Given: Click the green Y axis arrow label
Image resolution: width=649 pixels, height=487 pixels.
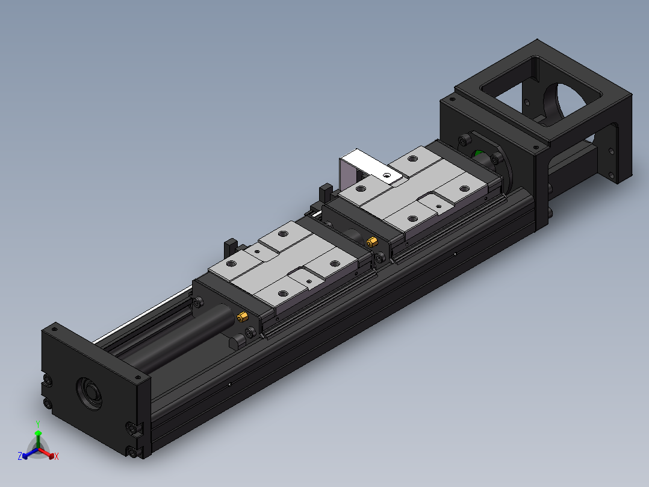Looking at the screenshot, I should (x=37, y=424).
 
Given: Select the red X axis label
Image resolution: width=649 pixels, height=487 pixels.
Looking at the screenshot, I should (x=56, y=457).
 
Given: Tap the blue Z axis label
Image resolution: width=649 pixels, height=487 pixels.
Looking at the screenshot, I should (x=20, y=457).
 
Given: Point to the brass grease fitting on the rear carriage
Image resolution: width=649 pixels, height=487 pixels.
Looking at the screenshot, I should (x=372, y=242).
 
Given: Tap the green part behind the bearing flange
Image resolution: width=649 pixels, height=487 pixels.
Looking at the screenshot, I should (x=480, y=155).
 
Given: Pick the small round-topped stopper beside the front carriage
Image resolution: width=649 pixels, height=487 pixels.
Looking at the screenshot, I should (x=237, y=342).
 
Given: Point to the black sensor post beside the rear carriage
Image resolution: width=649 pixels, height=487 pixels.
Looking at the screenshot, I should (x=326, y=192).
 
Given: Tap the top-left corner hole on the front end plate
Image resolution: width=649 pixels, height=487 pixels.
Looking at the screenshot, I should (x=54, y=330).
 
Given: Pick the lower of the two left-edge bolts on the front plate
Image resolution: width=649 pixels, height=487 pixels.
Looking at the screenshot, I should (x=46, y=402).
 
